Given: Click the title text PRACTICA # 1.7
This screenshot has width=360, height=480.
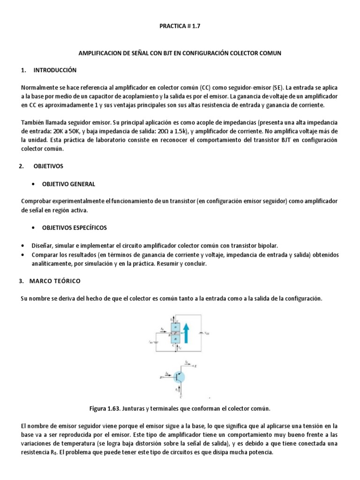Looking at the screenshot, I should [180, 28].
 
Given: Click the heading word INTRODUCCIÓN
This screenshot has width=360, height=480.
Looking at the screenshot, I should [54, 70].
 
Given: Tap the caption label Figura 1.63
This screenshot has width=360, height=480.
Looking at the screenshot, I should [105, 409].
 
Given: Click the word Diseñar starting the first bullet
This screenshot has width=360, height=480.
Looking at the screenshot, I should [43, 246].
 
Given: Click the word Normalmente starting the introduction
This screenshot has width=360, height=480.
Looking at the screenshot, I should [41, 88].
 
